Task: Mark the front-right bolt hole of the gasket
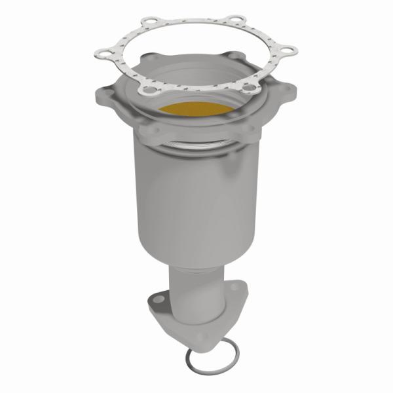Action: [x=249, y=83]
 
